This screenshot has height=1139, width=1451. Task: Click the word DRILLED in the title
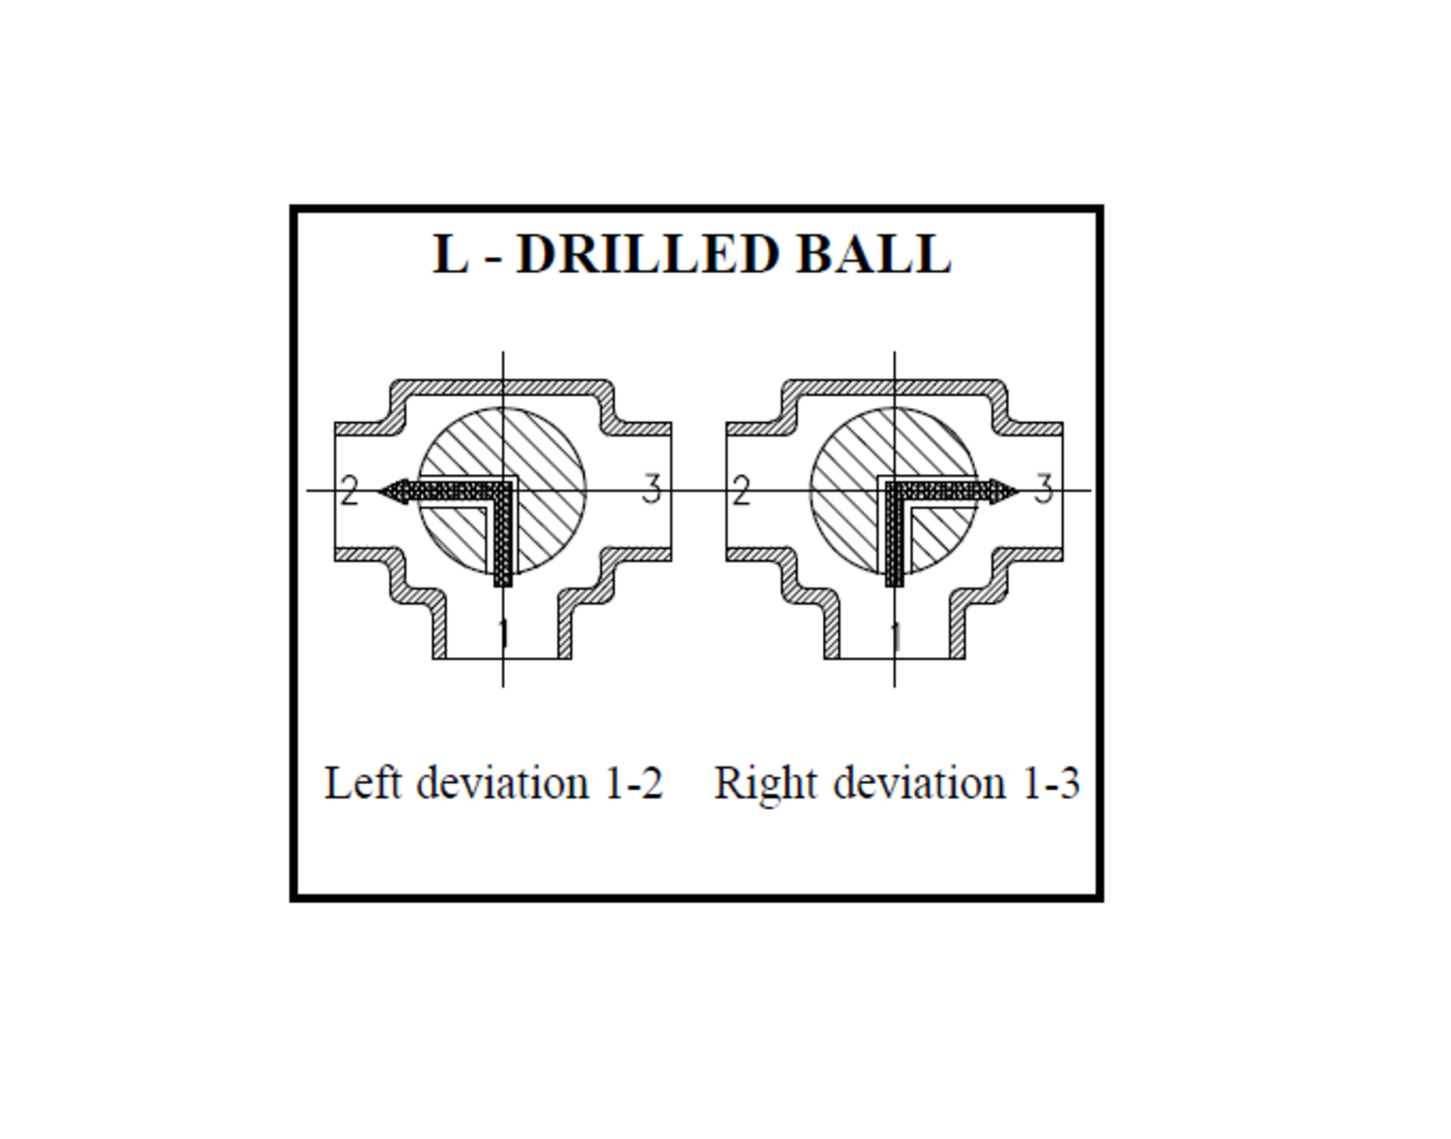point(648,254)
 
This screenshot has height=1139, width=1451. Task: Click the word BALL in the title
point(874,254)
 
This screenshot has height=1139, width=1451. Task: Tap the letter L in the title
point(451,254)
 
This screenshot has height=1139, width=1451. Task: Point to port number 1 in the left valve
point(503,634)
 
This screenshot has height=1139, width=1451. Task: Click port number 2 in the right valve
point(741,491)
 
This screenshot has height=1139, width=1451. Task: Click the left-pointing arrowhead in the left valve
point(394,492)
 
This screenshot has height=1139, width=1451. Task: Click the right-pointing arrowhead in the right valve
point(1005,492)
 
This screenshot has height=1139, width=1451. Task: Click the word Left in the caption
point(363,783)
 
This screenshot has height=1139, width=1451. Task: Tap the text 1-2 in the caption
point(634,784)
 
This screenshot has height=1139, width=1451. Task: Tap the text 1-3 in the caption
point(1051,784)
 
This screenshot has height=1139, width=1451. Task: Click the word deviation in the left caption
point(503,783)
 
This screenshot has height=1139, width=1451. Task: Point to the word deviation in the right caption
point(920,783)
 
